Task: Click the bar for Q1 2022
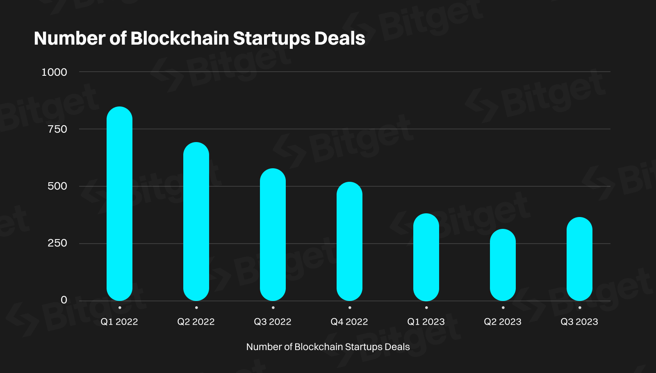119,203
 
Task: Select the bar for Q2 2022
196,222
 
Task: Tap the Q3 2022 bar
273,235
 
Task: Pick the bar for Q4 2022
349,241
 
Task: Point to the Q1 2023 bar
426,257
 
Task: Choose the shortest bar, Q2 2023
503,265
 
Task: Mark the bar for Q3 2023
579,259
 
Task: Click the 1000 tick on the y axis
54,72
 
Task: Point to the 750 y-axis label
57,129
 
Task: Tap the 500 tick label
57,186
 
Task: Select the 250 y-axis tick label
57,243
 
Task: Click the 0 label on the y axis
64,300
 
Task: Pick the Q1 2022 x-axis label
119,322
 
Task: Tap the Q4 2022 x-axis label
349,322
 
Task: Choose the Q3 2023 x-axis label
579,322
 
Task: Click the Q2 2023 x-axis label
503,322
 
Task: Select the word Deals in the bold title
340,38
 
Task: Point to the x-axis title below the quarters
328,347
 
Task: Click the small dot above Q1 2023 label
426,307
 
